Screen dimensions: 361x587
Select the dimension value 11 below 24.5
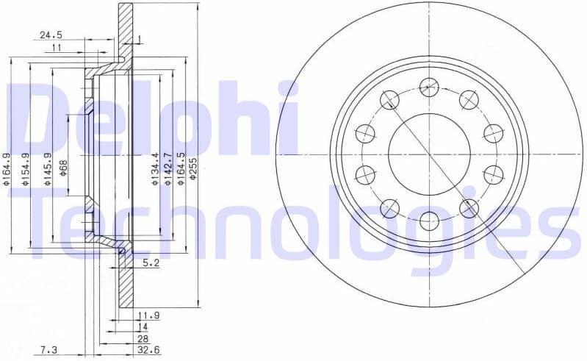point(57,48)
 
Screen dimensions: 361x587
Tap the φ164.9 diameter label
point(7,168)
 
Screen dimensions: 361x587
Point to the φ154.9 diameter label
point(26,168)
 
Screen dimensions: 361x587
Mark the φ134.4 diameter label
point(155,168)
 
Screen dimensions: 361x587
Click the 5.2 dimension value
point(151,262)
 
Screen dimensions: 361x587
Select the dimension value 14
point(143,326)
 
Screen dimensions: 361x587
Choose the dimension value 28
point(143,338)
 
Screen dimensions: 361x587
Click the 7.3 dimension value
point(49,350)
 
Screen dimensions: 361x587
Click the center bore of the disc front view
point(428,154)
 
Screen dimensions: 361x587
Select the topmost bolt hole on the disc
point(428,87)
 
